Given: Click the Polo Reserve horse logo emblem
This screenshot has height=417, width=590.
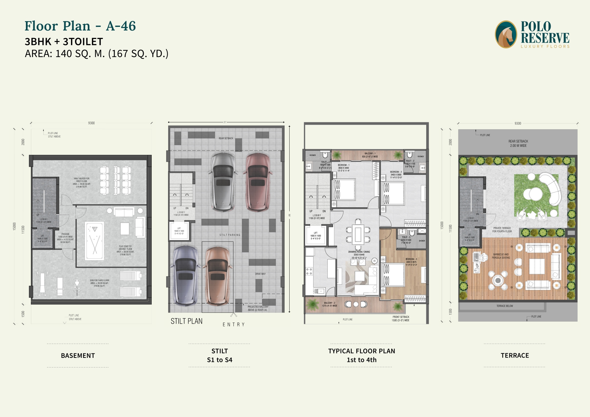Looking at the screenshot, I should (506, 34).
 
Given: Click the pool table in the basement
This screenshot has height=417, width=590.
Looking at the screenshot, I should (95, 241).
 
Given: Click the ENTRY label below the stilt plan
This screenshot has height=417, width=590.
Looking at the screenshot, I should (233, 325).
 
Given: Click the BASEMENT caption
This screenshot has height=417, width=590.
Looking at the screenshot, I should (78, 356).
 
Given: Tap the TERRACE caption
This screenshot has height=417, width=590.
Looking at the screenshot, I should (515, 356).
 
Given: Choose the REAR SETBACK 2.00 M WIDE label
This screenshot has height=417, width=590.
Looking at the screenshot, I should (518, 143).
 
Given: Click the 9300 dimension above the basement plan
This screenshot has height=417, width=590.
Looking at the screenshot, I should (91, 123).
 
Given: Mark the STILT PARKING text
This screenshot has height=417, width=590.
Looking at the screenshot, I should (230, 235).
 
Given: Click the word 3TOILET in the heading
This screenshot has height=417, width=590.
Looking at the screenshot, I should (83, 42).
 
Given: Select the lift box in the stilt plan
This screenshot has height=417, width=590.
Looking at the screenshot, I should (179, 231).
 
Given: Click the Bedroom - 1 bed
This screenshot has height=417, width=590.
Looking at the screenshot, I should (344, 190).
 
